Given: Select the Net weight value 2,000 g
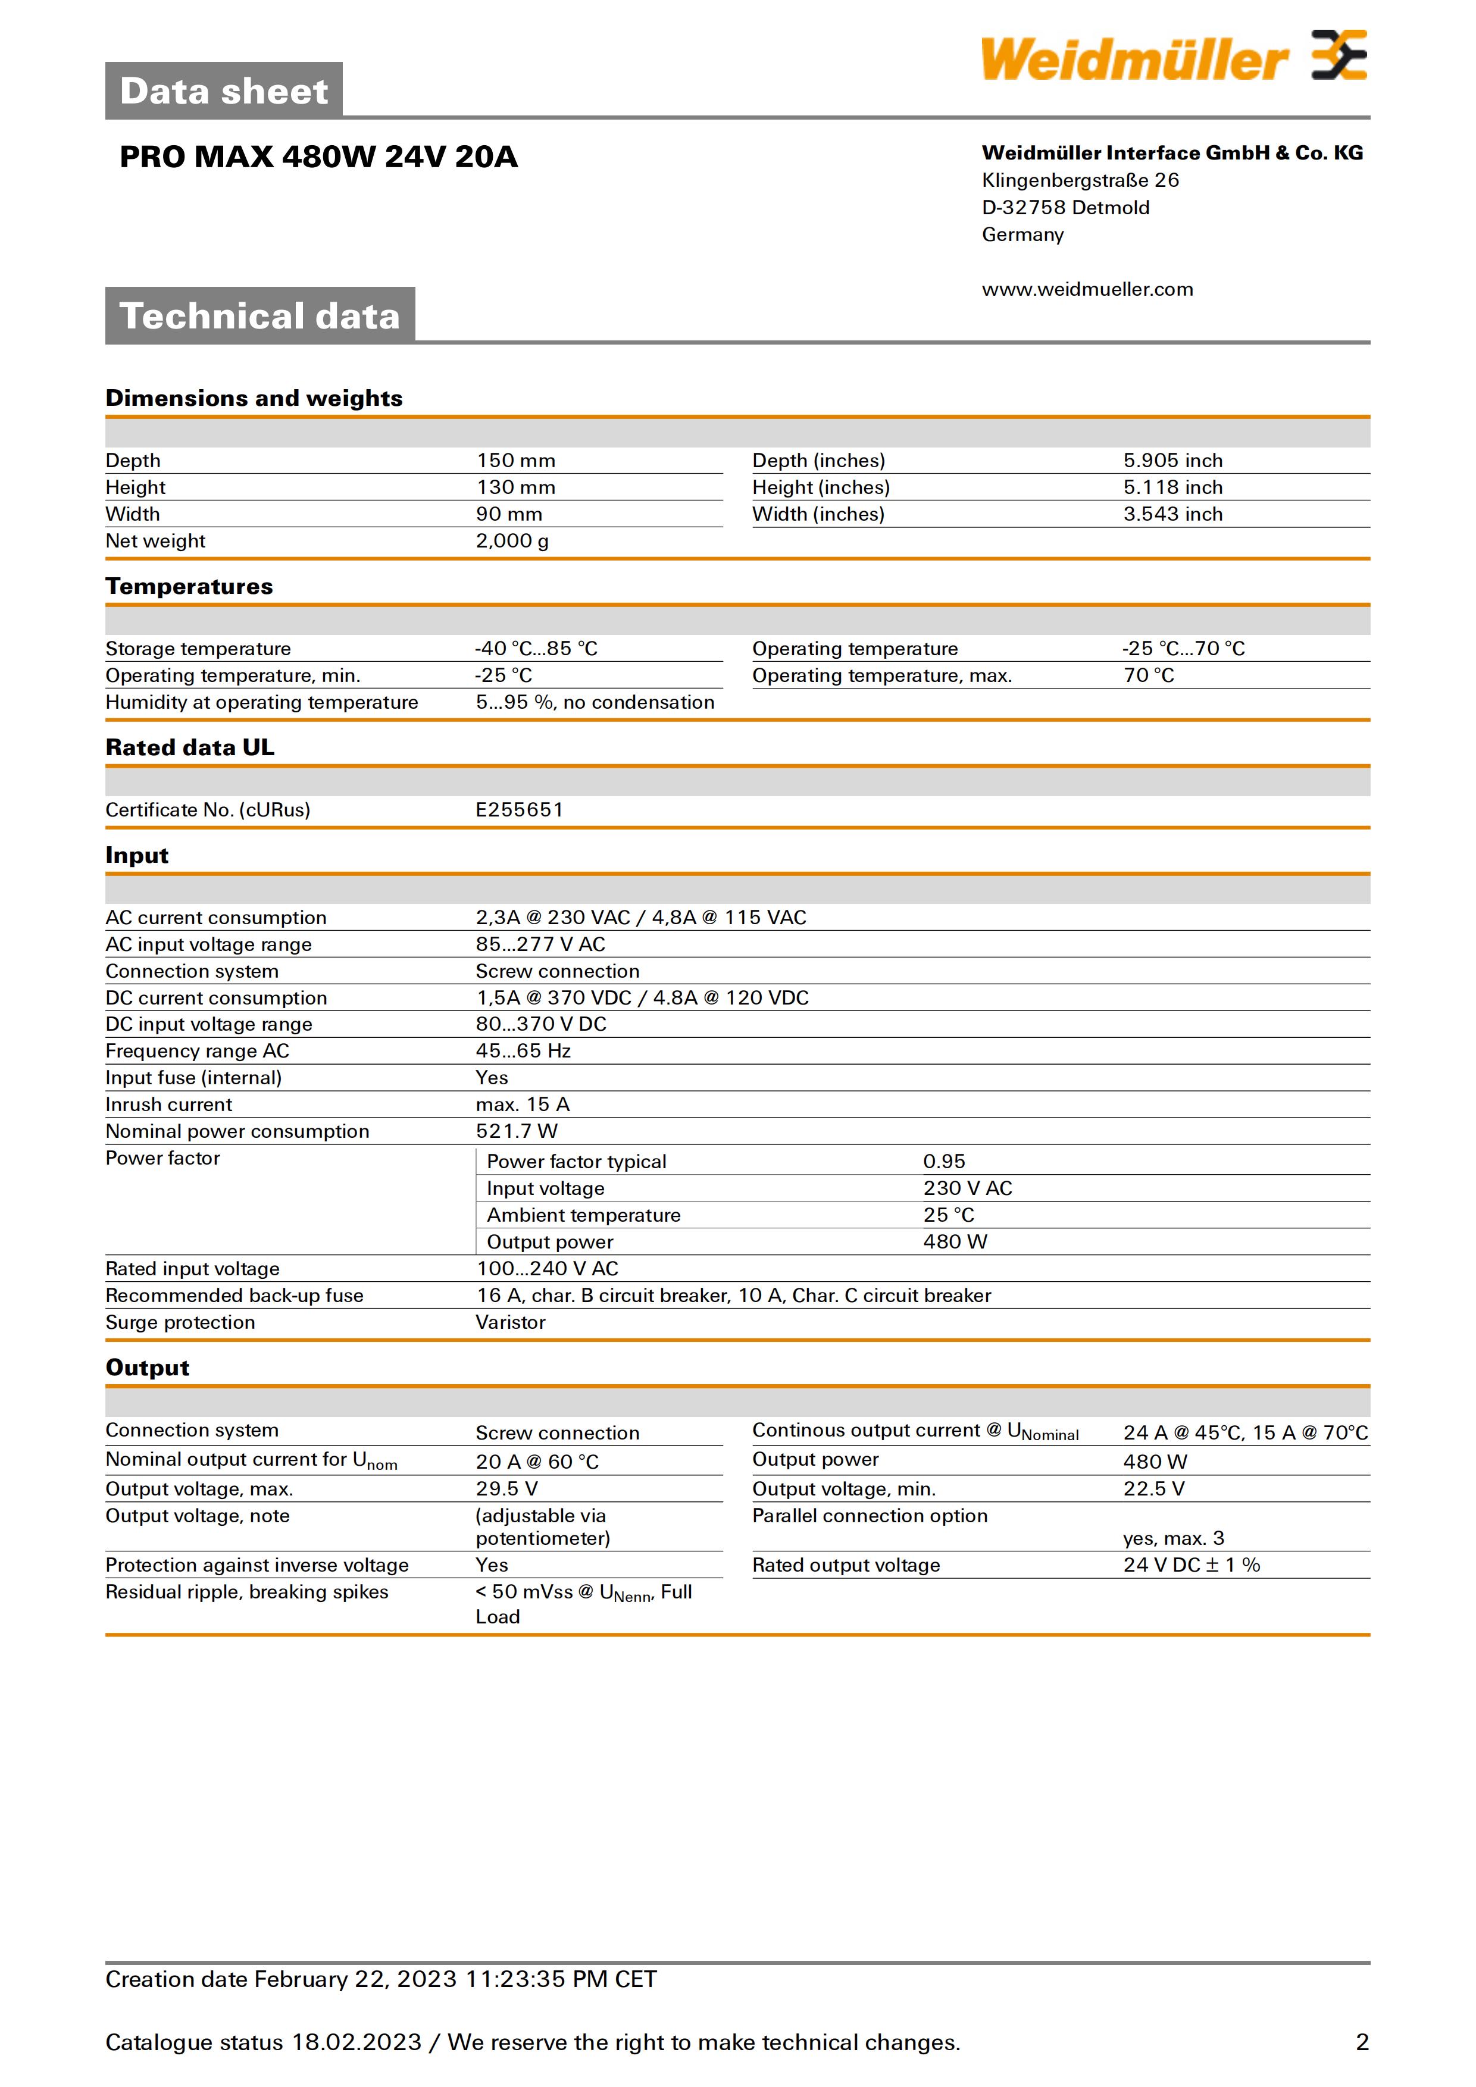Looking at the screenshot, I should tap(512, 541).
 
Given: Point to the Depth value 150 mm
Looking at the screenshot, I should tap(515, 461).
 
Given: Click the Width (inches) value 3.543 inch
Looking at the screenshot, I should tap(1172, 515).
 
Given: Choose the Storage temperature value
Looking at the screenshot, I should tap(536, 649).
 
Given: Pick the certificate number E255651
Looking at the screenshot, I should tap(519, 810).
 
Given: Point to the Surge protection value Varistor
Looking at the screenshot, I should tap(510, 1322).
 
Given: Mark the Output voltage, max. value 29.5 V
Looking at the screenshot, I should tap(506, 1489).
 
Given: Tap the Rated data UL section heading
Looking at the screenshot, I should tap(190, 748).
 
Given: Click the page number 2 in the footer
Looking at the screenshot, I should tap(1362, 2042).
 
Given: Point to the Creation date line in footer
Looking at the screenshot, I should tap(381, 1980).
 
